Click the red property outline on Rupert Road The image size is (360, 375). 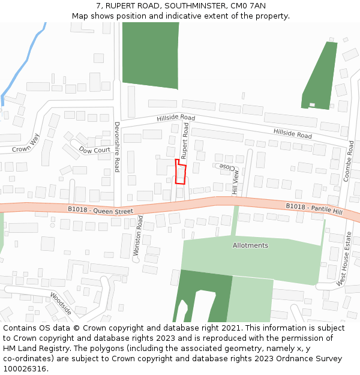[x=180, y=172]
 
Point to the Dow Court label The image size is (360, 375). [x=95, y=150]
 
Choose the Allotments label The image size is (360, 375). [x=250, y=245]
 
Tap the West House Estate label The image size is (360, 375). [x=344, y=259]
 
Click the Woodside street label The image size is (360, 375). [x=61, y=304]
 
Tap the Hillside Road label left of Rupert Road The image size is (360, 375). [x=176, y=118]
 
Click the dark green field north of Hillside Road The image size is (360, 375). [x=150, y=54]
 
